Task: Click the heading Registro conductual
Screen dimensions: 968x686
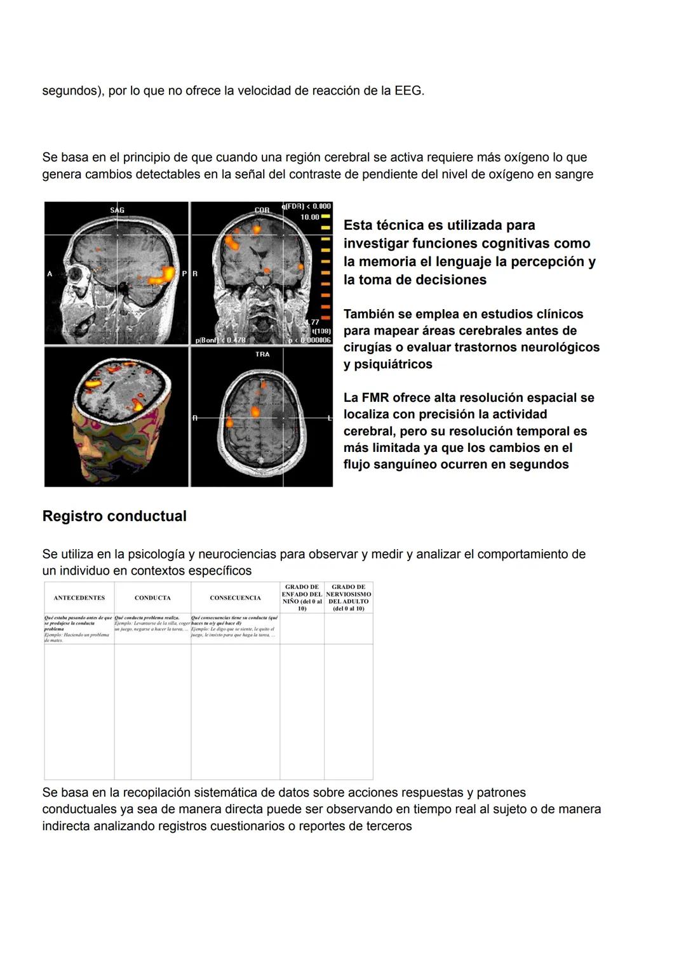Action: click(x=114, y=516)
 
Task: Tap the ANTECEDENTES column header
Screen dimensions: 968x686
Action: click(x=79, y=598)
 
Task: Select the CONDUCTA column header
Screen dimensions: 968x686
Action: click(x=152, y=598)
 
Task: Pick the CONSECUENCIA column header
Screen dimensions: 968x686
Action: click(x=235, y=598)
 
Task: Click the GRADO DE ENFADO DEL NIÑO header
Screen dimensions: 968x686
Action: click(x=302, y=598)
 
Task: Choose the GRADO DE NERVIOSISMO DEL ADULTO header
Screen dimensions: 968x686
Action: click(x=348, y=598)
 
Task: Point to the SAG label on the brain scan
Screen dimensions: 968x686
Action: click(x=117, y=210)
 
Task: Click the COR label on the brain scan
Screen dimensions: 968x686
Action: click(x=262, y=210)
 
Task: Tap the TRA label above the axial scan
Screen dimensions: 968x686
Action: click(x=262, y=354)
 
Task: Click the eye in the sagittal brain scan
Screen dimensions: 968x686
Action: click(x=78, y=275)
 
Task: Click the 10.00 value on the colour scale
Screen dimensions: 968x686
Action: click(x=310, y=217)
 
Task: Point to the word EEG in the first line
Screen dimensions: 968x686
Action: click(x=408, y=91)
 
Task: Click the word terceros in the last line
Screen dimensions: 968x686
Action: click(x=389, y=826)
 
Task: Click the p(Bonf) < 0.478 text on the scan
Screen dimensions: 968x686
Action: click(x=220, y=340)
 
